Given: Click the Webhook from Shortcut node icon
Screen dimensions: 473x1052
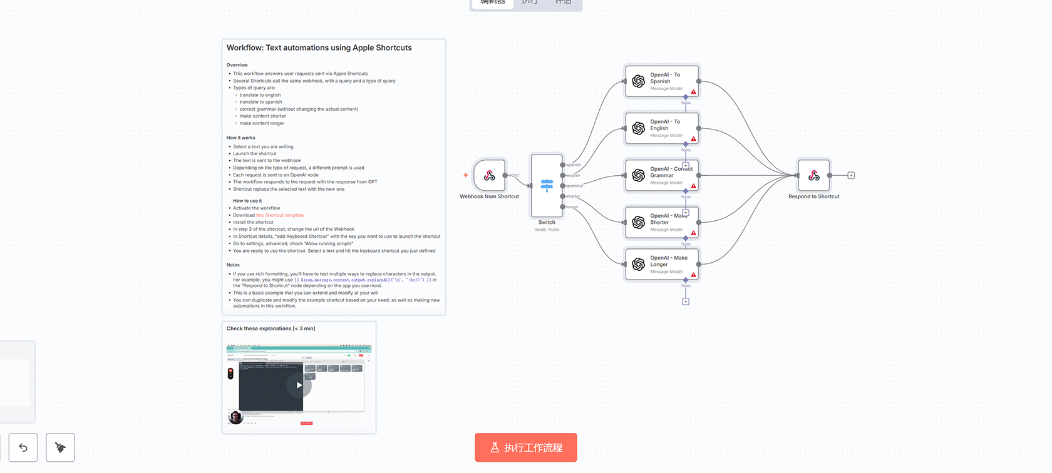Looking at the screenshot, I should tap(490, 176).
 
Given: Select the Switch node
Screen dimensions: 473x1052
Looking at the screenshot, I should tap(547, 185).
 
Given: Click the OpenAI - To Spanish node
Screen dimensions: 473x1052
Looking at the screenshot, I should tap(662, 81).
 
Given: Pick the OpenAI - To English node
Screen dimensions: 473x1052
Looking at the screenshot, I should tap(662, 128).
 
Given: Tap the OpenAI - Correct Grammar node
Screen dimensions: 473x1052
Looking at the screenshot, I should tap(662, 175).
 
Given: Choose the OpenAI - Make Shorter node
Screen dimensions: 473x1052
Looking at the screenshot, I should tap(662, 222).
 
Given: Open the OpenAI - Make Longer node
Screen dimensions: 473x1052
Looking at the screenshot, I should tap(662, 264).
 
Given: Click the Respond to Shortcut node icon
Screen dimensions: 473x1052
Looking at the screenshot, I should tap(814, 176).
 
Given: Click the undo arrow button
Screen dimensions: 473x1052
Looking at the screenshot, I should tap(23, 447).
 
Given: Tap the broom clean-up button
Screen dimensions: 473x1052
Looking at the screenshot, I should tap(60, 447).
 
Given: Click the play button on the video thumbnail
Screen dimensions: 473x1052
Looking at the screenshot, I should tap(299, 385).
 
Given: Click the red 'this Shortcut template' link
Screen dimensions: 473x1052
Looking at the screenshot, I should tap(280, 215).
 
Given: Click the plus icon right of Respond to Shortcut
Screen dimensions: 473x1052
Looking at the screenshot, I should tap(851, 176).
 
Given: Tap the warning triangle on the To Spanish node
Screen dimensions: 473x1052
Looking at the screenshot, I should tap(693, 92).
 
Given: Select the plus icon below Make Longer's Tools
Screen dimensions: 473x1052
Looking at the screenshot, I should tap(686, 302).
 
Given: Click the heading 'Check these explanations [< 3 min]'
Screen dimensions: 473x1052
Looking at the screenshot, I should tap(271, 328).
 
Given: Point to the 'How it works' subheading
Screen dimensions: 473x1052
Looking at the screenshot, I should tap(241, 138).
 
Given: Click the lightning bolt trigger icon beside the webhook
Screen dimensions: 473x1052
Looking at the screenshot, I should tap(466, 175).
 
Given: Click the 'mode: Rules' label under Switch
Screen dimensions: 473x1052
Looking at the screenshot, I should tap(547, 230).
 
